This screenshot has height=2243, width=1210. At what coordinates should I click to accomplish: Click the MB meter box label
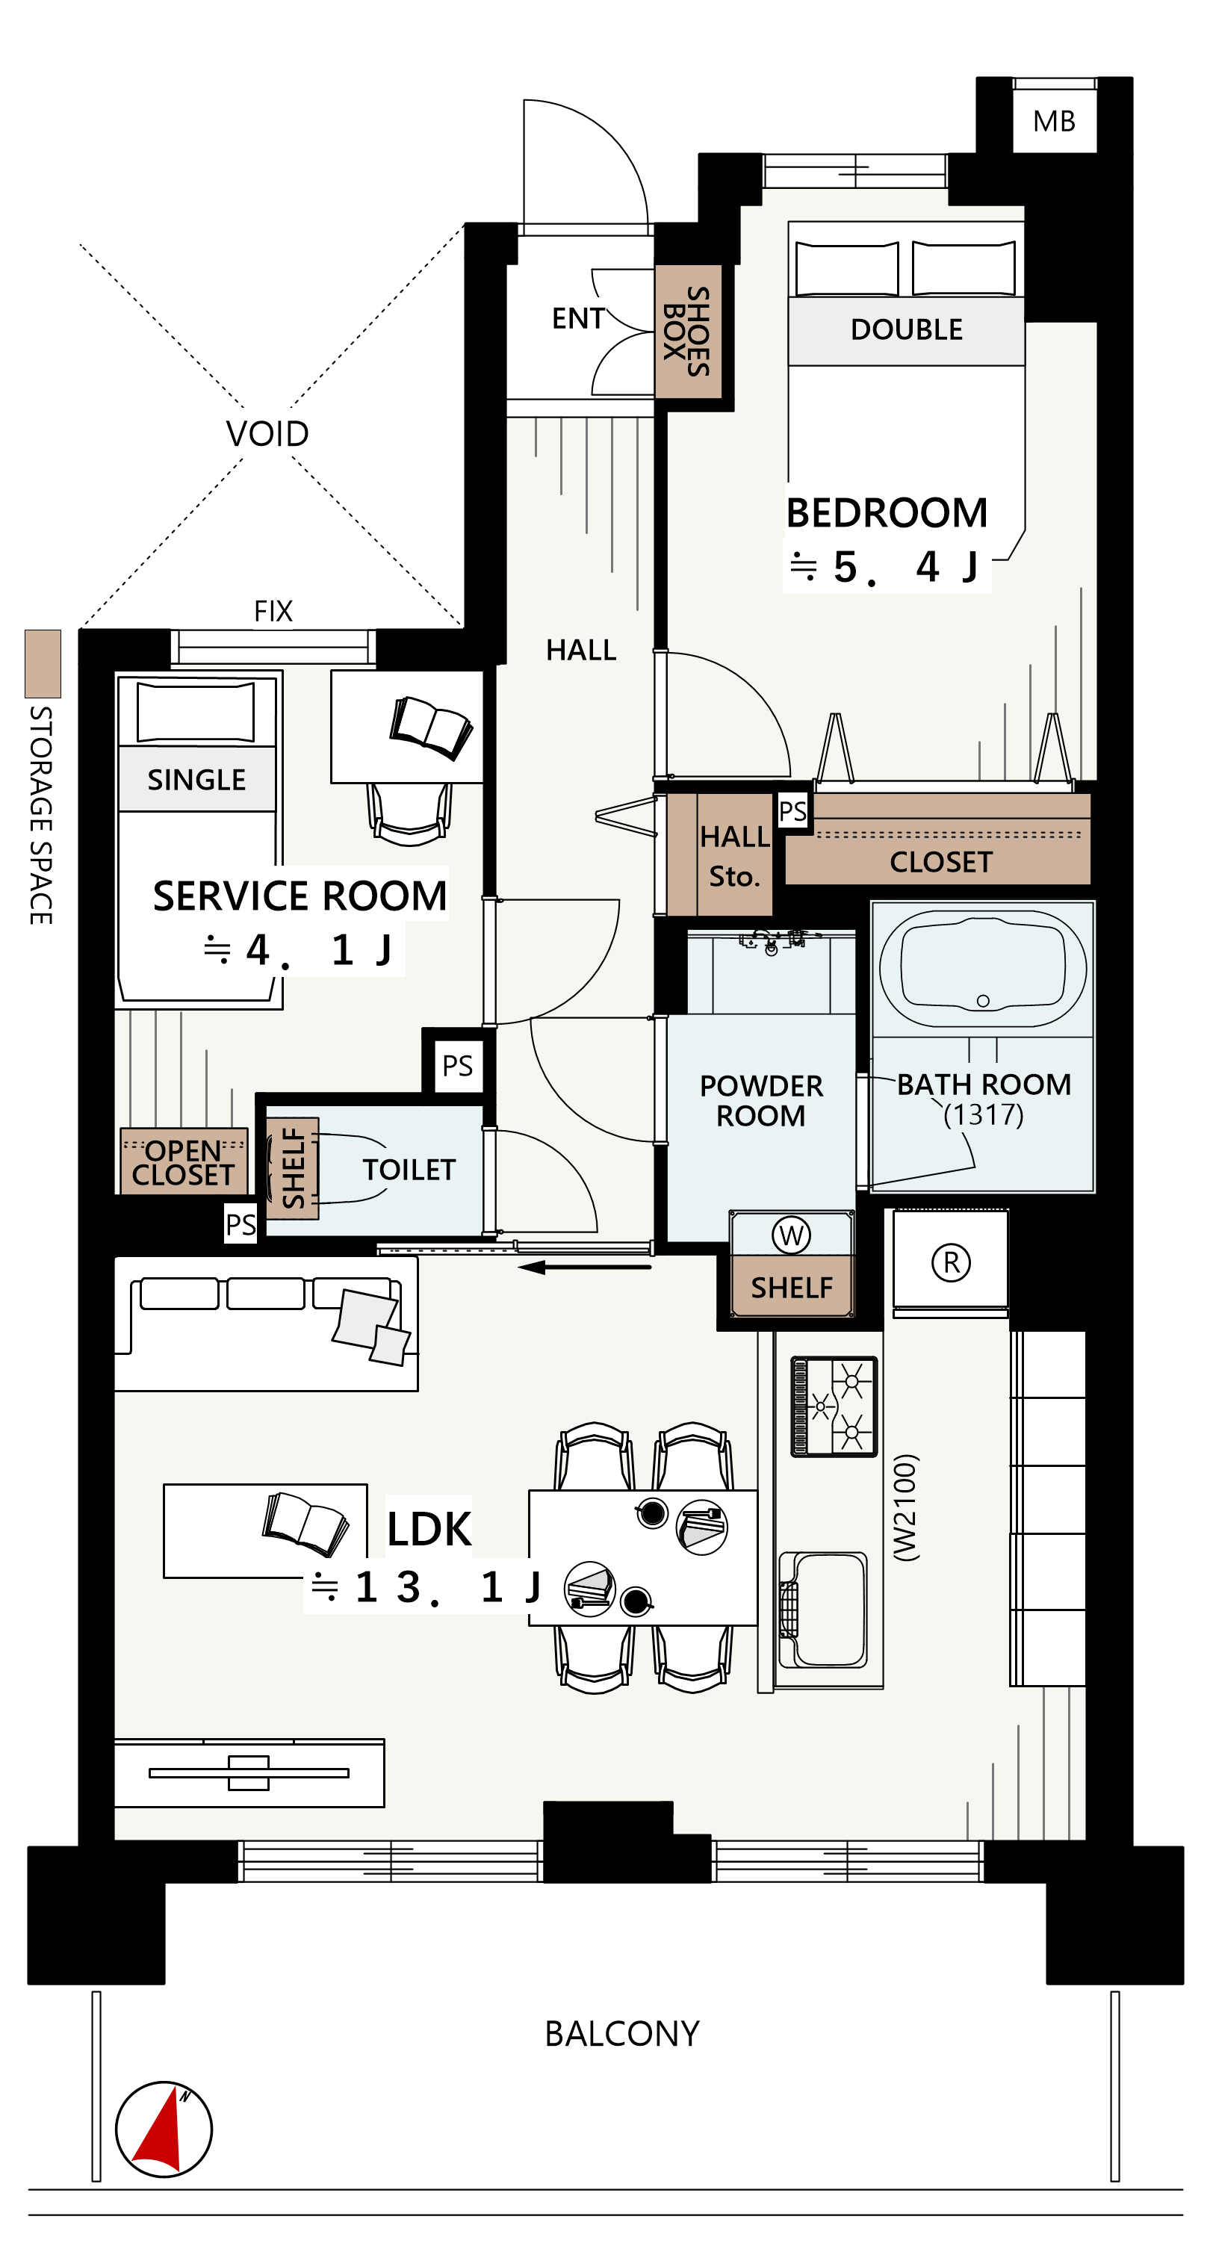click(1053, 121)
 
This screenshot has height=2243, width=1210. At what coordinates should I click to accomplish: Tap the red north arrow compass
click(164, 2128)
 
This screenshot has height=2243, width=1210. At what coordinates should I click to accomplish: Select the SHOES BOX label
click(687, 331)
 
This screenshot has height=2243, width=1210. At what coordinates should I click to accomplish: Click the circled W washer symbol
click(791, 1234)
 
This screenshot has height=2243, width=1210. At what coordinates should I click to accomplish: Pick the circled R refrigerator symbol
click(951, 1262)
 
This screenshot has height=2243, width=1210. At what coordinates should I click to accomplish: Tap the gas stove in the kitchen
click(833, 1406)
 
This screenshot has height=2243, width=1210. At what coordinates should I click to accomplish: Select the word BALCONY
click(621, 2034)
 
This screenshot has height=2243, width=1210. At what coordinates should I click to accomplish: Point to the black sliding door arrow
click(584, 1267)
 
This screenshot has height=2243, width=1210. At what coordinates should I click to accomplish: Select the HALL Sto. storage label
click(735, 856)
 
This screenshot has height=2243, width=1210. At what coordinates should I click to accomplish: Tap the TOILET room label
click(409, 1170)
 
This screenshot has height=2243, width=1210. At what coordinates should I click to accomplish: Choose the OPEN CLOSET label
click(183, 1162)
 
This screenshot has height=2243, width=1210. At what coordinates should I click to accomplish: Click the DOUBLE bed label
click(906, 329)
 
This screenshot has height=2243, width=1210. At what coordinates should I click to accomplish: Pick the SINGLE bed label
click(196, 779)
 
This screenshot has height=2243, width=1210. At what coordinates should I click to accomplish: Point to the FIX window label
click(273, 611)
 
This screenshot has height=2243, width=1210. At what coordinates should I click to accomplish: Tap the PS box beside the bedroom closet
click(792, 811)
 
